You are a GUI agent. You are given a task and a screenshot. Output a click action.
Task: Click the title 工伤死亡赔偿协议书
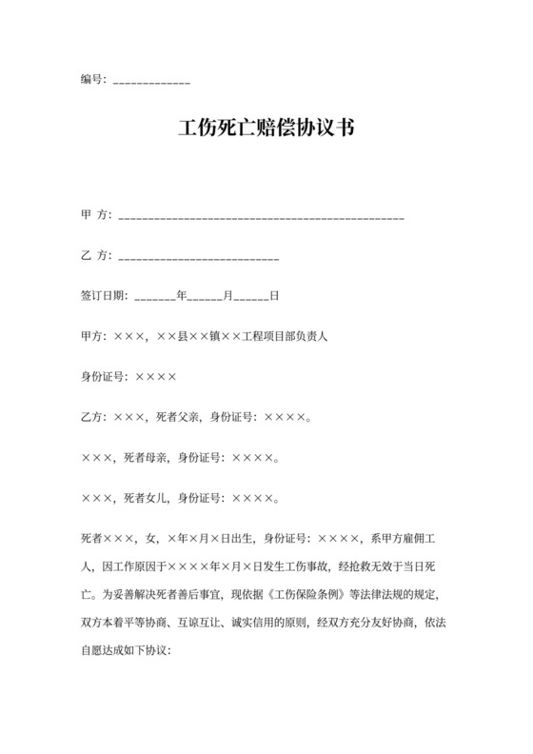pyautogui.click(x=266, y=129)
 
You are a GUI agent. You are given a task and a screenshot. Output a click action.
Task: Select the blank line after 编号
pyautogui.click(x=151, y=82)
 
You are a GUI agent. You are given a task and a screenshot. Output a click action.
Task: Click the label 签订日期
pyautogui.click(x=103, y=296)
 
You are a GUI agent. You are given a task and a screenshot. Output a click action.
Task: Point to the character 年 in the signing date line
pyautogui.click(x=182, y=296)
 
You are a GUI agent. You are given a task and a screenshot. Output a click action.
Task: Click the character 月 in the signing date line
pyautogui.click(x=227, y=296)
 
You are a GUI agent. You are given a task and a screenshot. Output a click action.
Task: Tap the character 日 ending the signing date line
pyautogui.click(x=274, y=296)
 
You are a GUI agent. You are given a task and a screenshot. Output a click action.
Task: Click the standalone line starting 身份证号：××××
pyautogui.click(x=128, y=376)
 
